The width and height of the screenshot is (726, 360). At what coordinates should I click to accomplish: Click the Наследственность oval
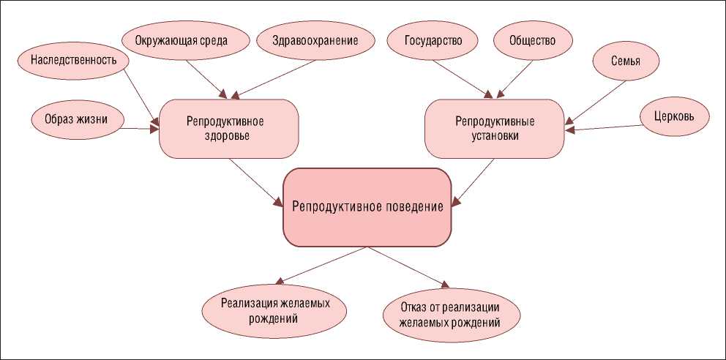tap(73, 60)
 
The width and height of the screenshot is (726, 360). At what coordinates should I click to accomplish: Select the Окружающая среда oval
tap(181, 40)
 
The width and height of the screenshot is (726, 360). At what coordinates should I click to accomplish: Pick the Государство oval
tap(433, 40)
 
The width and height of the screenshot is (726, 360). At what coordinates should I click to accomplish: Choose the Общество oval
tap(532, 40)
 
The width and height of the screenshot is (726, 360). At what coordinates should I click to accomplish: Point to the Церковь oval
tap(674, 116)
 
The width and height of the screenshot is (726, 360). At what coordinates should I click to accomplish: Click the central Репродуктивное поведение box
tap(367, 207)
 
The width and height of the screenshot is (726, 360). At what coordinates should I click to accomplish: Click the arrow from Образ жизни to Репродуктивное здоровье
tap(139, 129)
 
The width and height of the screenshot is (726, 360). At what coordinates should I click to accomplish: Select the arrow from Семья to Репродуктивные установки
tap(596, 102)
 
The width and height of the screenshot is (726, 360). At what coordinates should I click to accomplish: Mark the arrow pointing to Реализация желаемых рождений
tap(322, 266)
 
